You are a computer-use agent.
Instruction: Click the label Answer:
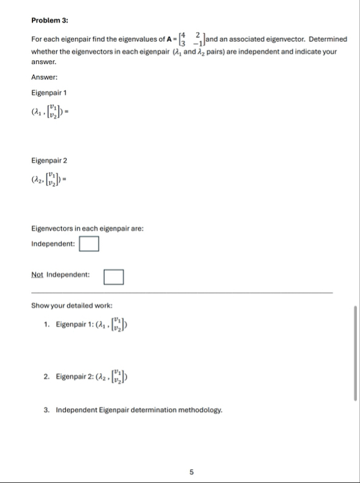[44, 78]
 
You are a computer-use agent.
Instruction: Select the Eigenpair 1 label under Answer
[49, 93]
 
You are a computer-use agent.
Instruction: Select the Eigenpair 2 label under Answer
[49, 161]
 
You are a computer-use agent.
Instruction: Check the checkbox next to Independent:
[89, 244]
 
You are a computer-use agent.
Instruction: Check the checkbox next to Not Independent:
[113, 275]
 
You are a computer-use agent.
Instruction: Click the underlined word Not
[37, 274]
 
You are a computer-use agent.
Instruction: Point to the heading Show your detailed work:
[72, 306]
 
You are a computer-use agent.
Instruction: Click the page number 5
[192, 472]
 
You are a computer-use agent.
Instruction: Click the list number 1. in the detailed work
[47, 325]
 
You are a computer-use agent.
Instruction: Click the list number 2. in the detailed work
[47, 376]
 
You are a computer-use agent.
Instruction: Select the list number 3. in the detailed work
[47, 410]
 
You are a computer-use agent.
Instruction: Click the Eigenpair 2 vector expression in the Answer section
[54, 183]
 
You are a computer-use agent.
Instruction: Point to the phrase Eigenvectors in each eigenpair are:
[87, 228]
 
